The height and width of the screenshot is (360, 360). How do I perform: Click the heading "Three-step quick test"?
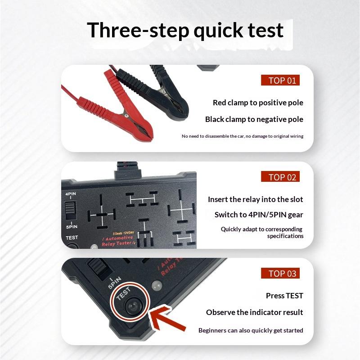(185, 30)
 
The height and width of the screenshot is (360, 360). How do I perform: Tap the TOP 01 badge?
(280, 80)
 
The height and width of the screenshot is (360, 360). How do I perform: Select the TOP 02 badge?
(280, 176)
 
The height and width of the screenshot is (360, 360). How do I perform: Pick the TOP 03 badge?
(280, 273)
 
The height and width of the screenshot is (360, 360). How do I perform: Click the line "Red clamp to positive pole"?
(258, 103)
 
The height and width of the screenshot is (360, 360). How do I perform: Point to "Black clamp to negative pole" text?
(254, 119)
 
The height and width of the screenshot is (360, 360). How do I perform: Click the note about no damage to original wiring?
(243, 136)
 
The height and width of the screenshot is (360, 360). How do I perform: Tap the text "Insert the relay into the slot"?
(255, 199)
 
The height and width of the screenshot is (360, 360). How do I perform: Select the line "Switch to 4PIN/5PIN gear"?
(259, 215)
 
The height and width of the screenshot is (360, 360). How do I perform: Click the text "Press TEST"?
(284, 296)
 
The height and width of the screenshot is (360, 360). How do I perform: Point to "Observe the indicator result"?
(254, 312)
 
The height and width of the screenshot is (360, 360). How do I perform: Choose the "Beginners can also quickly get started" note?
(251, 330)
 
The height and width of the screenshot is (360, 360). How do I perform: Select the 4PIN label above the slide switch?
(71, 194)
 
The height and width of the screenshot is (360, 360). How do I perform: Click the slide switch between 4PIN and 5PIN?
(71, 211)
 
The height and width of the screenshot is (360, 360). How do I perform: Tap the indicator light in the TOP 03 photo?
(157, 285)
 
